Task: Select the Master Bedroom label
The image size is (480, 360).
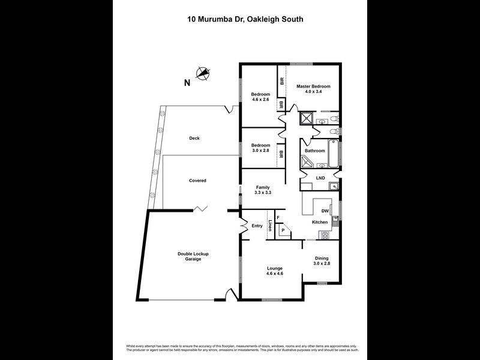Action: click(313, 89)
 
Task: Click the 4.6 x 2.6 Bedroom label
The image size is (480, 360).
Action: click(260, 97)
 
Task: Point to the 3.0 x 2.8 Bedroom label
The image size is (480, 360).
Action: click(260, 148)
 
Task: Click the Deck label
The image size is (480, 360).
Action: click(194, 139)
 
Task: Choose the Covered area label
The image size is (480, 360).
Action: click(197, 181)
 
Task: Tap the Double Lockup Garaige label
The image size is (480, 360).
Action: click(193, 256)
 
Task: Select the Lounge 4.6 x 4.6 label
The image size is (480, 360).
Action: click(274, 271)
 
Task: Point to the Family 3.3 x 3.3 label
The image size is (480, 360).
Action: click(263, 190)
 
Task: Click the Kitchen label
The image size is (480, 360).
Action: click(320, 222)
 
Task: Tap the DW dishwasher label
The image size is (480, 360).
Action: click(325, 211)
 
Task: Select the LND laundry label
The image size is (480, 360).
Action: click(321, 178)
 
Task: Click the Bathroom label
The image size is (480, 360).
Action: click(315, 151)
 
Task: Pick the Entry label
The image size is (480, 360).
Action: click(257, 226)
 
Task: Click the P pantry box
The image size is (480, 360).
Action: click(283, 230)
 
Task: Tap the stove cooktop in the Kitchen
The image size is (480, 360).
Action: click(325, 235)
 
